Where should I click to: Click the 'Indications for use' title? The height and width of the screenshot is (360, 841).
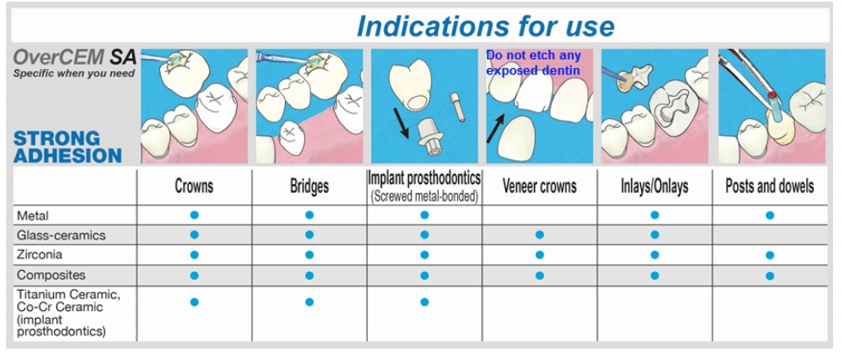485,26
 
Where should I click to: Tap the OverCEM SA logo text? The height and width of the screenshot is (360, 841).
74,57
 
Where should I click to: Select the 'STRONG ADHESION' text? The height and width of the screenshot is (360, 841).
67,147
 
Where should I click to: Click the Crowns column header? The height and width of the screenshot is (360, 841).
194,186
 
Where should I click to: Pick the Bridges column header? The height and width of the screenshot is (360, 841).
309,186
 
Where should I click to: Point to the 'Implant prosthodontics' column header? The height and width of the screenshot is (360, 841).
424,178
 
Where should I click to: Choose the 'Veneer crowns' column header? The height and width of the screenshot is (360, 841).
539,186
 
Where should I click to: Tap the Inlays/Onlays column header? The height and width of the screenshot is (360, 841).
654,186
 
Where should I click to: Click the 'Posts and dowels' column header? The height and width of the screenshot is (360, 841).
769,186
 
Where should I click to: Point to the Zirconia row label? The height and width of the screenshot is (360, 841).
35,255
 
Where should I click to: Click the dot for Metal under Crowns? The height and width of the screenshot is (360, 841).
194,215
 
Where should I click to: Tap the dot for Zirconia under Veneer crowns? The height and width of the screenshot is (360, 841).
539,255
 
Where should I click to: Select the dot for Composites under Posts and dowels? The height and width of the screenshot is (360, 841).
769,275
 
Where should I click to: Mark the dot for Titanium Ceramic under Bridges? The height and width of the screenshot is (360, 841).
309,301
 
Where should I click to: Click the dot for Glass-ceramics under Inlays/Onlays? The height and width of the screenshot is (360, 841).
654,235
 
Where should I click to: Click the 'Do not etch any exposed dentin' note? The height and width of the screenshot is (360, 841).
533,62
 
